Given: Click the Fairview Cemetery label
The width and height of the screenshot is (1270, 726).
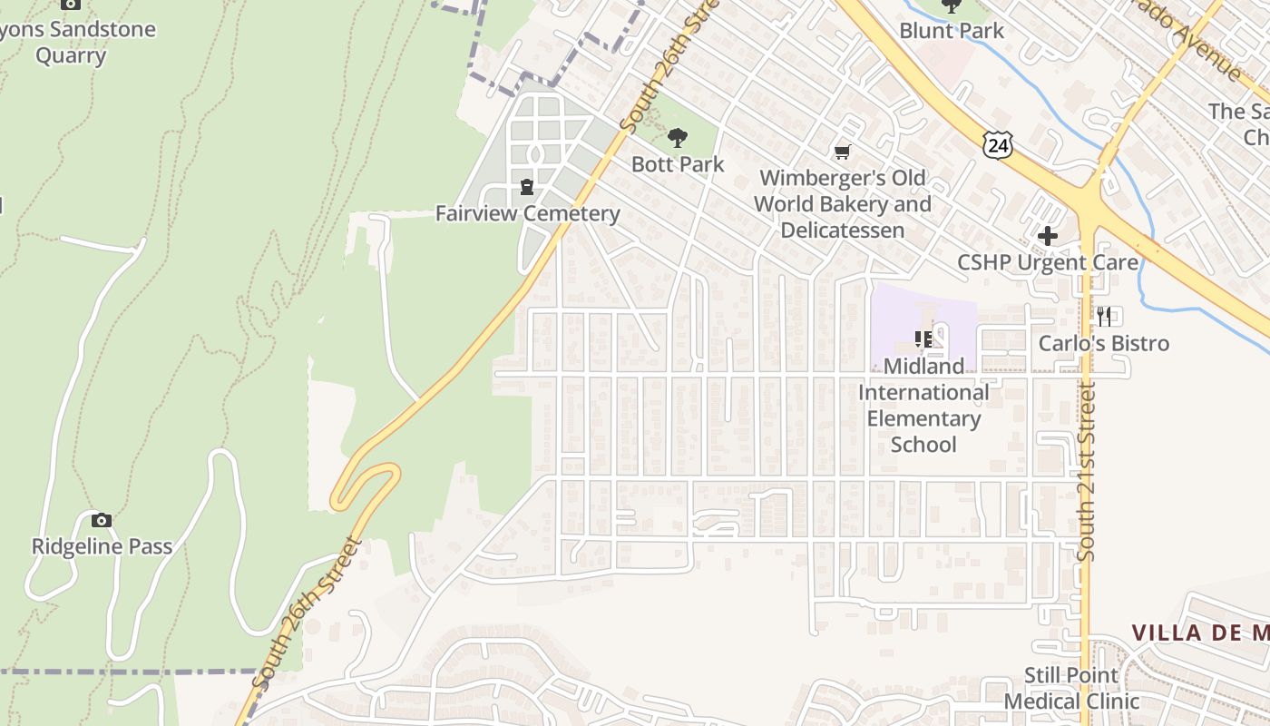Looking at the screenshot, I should click(527, 214).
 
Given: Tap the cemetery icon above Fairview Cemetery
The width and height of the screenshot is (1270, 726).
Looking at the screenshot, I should click(527, 186).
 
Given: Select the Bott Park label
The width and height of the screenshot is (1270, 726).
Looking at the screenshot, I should click(678, 164).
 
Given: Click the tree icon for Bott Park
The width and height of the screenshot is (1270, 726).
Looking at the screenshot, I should click(677, 138).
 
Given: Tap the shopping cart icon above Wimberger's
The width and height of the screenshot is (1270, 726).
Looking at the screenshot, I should click(843, 152).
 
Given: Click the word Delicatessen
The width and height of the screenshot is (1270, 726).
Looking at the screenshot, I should click(843, 231).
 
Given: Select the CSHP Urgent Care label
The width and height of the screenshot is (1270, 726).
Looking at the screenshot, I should click(1048, 262).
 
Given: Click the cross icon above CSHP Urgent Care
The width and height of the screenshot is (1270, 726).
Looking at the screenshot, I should click(1048, 236).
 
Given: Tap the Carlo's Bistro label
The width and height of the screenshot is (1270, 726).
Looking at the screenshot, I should click(1103, 343).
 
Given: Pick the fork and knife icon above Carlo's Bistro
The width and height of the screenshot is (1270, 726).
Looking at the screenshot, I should click(1104, 316).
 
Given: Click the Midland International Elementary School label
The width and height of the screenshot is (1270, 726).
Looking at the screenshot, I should click(923, 406).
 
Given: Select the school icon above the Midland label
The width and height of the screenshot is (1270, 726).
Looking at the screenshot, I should click(923, 339).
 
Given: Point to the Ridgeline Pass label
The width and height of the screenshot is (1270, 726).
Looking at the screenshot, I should click(102, 546).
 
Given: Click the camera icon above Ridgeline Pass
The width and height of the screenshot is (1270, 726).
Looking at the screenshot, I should click(102, 520).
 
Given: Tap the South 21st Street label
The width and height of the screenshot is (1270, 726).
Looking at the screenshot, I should click(1087, 472).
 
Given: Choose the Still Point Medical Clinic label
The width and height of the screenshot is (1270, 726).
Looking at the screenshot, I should click(1071, 688).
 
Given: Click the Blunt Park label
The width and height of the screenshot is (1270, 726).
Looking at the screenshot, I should click(952, 31).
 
